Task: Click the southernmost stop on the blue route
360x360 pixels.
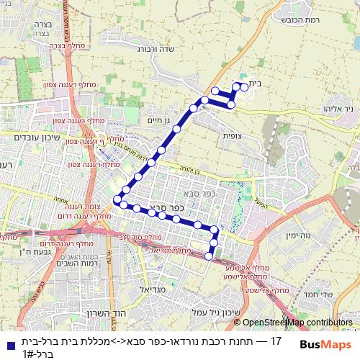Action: (x=209, y=256)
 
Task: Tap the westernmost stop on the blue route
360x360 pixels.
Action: (x=117, y=199)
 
